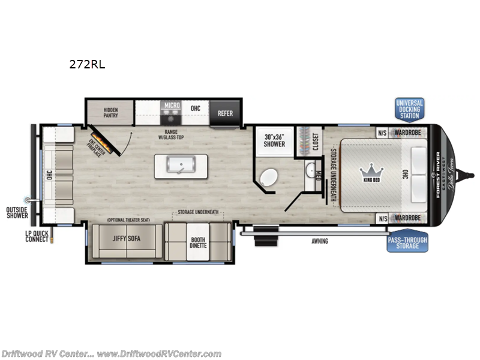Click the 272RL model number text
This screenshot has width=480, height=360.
[87, 65]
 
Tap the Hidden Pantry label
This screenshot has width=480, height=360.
[110, 113]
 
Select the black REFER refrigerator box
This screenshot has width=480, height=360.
[225, 113]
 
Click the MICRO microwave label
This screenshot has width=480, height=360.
[172, 106]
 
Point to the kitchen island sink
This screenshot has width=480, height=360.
[180, 166]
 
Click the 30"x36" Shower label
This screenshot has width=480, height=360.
[274, 140]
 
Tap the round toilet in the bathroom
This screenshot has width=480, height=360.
[268, 178]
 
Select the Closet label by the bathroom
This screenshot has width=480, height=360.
[316, 142]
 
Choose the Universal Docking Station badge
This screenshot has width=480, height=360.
[409, 110]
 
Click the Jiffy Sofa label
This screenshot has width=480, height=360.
[127, 238]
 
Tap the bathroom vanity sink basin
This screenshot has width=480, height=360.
[310, 172]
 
